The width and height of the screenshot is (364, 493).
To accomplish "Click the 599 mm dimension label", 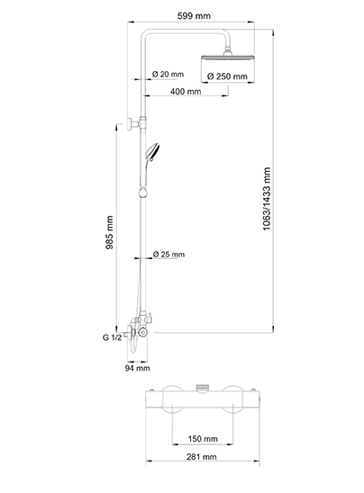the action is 194,15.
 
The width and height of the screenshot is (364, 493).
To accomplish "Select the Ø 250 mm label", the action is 227,76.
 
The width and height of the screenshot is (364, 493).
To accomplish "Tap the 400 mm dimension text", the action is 186,92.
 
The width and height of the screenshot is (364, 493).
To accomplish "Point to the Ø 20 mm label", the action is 168,74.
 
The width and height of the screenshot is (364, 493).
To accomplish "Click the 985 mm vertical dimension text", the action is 109,232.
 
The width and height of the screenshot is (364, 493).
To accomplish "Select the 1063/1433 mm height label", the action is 267,199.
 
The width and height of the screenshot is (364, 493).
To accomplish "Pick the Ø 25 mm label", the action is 168,254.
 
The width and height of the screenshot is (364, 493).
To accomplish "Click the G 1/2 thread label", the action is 112,337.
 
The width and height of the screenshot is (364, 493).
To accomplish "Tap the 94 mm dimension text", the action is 138,368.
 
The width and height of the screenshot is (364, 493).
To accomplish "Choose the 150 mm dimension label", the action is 203,439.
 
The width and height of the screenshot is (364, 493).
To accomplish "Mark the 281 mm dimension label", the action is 202,456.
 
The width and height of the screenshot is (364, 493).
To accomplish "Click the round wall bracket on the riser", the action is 130,124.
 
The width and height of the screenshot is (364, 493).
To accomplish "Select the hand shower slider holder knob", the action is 143,192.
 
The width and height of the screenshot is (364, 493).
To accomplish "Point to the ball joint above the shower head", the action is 227,51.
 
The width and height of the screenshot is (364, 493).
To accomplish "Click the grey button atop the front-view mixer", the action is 203,389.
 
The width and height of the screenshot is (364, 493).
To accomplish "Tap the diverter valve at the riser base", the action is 145,318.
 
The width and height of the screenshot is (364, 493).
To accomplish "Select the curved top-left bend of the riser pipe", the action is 145,33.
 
